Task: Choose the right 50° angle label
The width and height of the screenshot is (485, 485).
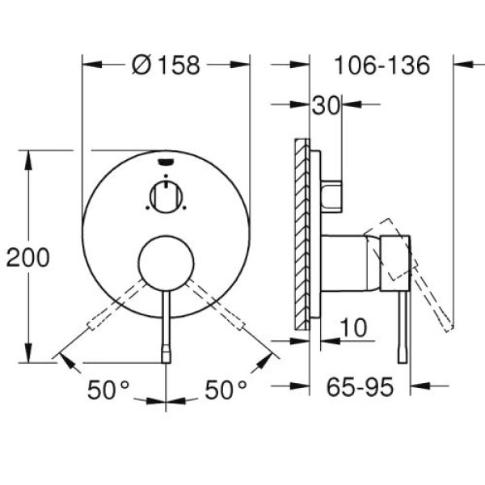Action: pos(226,390)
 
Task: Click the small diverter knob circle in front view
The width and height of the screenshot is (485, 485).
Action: pos(166,196)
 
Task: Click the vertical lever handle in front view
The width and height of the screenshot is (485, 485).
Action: pos(167,323)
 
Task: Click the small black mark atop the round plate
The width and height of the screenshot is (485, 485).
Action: pos(166,161)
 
